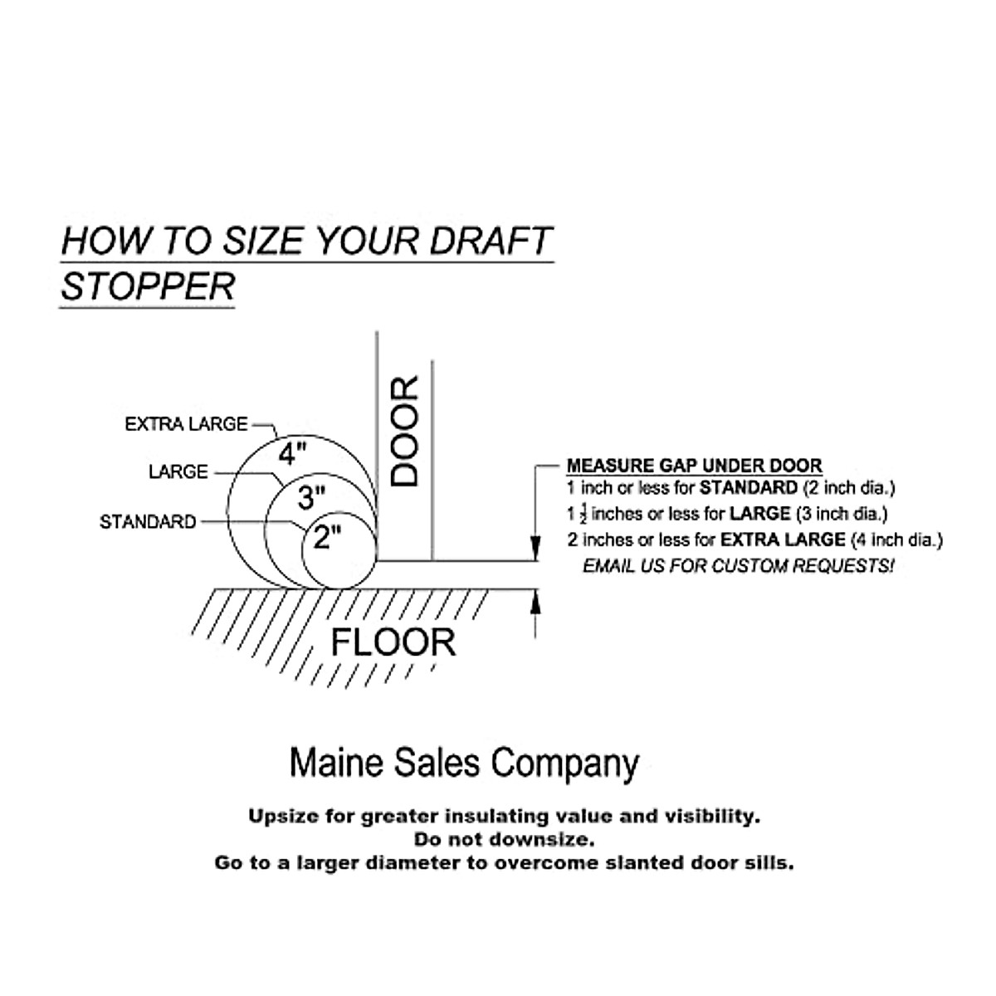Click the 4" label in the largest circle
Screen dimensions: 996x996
292,454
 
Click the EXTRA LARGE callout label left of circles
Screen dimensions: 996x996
186,424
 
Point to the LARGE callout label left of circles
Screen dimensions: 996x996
178,471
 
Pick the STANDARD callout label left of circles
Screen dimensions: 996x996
148,522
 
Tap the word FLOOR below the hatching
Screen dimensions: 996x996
393,642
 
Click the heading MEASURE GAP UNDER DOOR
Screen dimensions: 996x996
694,466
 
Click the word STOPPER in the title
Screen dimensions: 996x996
148,286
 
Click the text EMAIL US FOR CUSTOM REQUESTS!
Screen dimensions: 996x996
739,566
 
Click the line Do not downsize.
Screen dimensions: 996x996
504,839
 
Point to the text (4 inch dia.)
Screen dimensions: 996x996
896,540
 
